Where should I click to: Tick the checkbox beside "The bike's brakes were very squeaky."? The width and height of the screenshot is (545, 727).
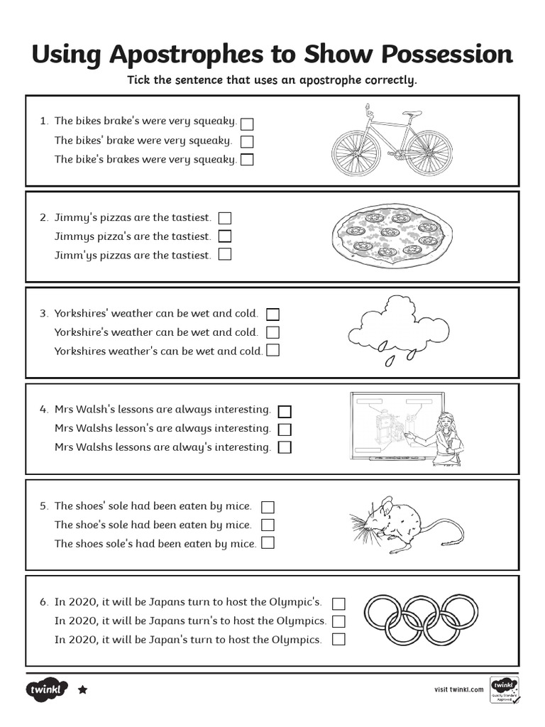pyautogui.click(x=247, y=160)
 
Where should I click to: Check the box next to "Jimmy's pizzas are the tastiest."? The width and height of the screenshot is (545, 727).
pyautogui.click(x=225, y=218)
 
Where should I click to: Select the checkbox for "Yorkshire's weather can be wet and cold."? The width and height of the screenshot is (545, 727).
pyautogui.click(x=272, y=332)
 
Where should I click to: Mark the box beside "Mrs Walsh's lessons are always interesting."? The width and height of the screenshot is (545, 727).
pyautogui.click(x=285, y=411)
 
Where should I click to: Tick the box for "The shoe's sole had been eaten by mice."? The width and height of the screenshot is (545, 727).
pyautogui.click(x=268, y=525)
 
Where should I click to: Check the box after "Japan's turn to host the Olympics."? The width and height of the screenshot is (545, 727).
pyautogui.click(x=338, y=640)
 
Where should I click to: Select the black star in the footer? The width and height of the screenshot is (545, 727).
pyautogui.click(x=82, y=689)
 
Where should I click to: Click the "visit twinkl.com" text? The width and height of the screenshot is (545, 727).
pyautogui.click(x=458, y=689)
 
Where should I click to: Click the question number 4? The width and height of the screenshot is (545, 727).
pyautogui.click(x=43, y=410)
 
